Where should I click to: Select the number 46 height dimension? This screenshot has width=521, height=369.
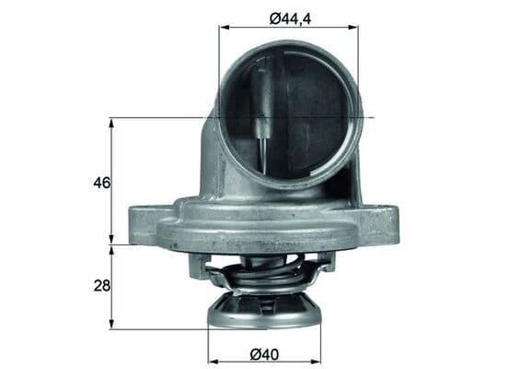point(101,183)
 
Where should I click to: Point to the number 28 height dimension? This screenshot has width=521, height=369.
point(101,286)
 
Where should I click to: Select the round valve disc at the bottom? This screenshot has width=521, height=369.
point(264,313)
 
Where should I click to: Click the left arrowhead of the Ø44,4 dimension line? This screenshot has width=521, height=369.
point(222,27)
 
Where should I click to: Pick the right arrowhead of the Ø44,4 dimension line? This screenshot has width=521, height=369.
point(355,27)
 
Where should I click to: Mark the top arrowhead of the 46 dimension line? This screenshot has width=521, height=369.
point(111,121)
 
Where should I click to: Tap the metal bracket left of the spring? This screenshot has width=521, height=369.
point(198,267)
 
